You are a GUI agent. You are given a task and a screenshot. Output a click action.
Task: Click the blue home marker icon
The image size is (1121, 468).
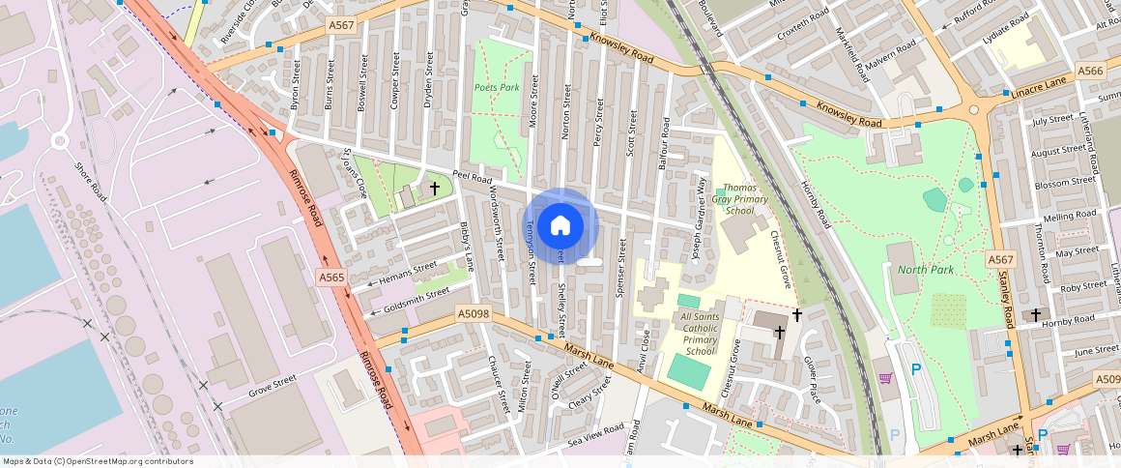(x=560, y=226)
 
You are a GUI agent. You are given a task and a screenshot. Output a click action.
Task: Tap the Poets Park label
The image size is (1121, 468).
(x=497, y=87)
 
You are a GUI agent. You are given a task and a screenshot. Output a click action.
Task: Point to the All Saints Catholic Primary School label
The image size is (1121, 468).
(x=699, y=334)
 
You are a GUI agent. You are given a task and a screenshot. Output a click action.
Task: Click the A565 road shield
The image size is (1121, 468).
(x=331, y=278)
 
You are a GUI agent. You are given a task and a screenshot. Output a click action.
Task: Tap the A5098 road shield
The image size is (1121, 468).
(x=474, y=313)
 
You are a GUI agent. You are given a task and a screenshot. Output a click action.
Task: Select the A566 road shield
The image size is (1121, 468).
(x=1090, y=71)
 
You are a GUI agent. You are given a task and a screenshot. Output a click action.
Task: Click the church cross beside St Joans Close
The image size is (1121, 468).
(x=435, y=188)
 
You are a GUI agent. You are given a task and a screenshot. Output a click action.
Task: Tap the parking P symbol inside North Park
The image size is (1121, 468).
(x=916, y=368)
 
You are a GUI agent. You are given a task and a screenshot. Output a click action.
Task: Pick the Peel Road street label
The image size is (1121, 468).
(x=473, y=180)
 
